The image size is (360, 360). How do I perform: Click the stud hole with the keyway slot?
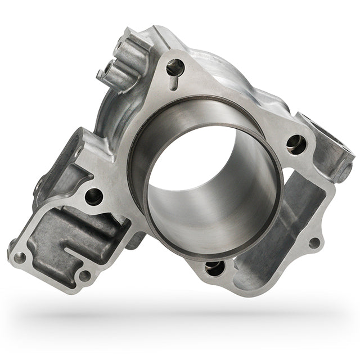[175, 67]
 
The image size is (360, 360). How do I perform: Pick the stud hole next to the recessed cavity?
[94, 196]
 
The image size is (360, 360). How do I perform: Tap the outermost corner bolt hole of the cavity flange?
[20, 258]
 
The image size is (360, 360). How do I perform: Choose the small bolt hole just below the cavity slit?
[84, 276]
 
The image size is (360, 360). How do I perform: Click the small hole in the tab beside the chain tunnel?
[314, 243]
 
